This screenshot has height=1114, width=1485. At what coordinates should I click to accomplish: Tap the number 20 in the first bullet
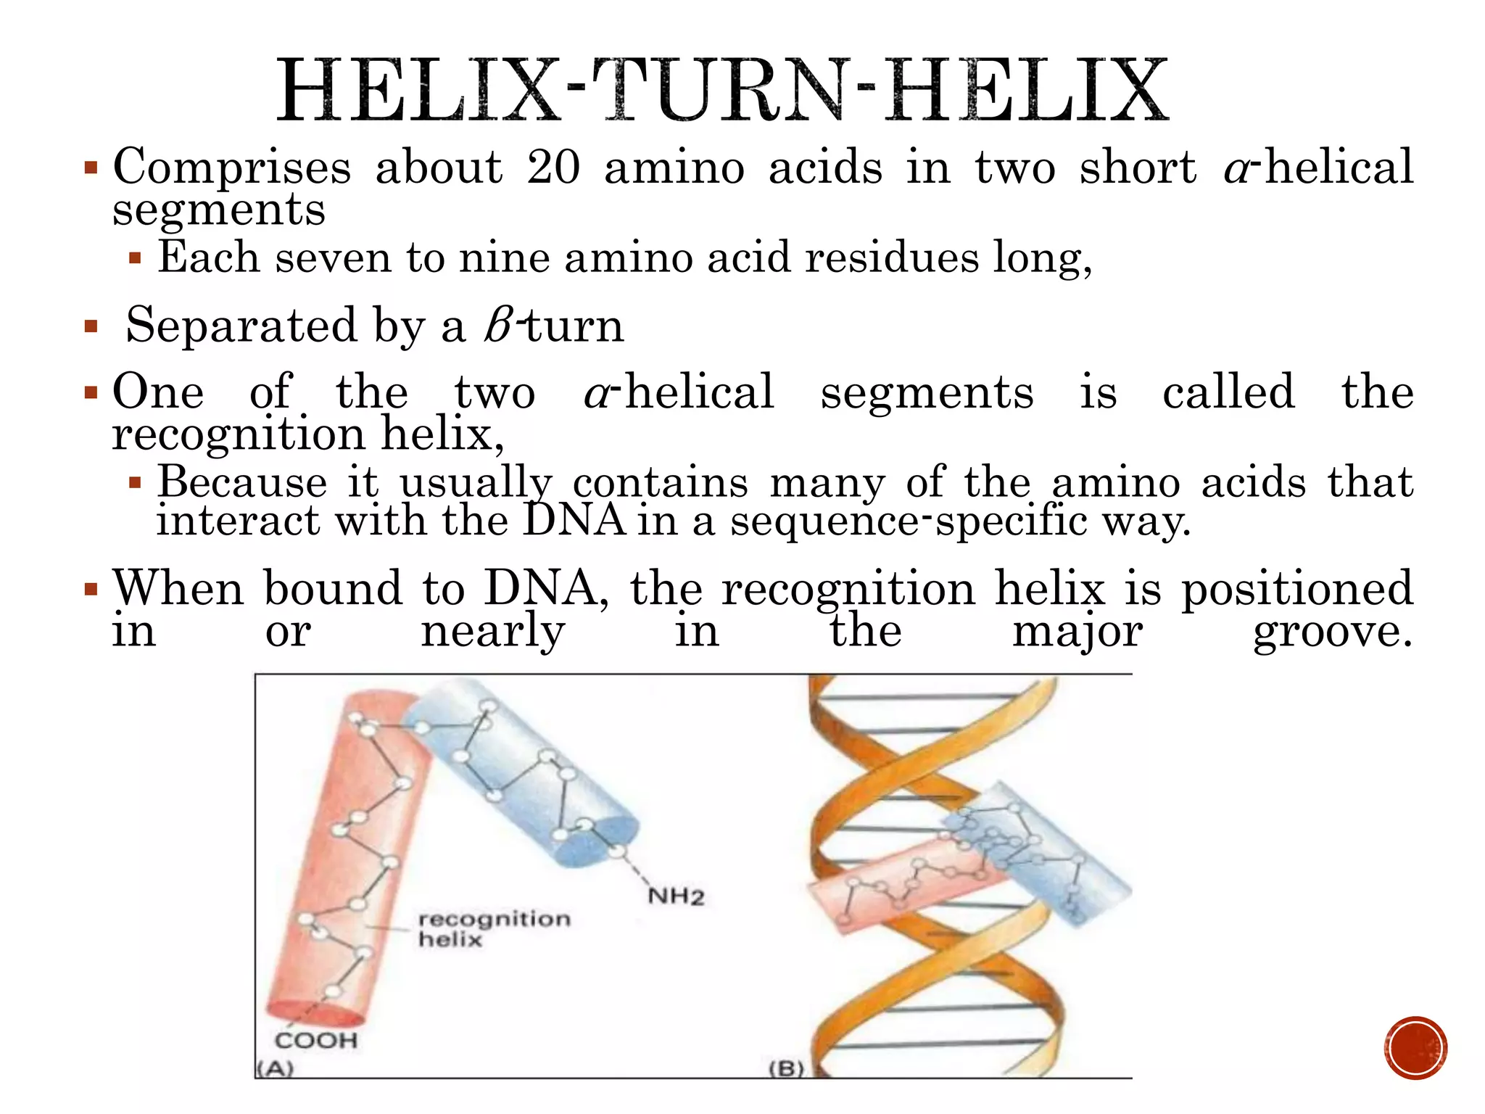point(553,167)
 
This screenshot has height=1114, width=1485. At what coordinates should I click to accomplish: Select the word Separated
point(241,325)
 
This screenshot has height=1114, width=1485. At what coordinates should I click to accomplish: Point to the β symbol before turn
point(500,325)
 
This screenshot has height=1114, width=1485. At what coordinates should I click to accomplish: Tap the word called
point(1228,392)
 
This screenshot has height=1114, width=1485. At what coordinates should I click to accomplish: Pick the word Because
point(242,482)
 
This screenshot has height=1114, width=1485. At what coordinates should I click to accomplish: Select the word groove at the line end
point(1333,631)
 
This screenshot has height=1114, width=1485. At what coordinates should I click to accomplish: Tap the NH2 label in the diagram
point(676,896)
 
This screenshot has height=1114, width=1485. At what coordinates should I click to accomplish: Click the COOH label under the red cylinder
point(316,1041)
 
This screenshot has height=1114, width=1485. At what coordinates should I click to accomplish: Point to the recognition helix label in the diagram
point(493,929)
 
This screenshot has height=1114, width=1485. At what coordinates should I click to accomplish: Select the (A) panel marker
point(275,1068)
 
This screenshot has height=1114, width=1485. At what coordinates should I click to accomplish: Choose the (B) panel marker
point(787,1068)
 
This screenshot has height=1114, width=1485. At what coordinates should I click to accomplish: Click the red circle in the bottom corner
point(1415,1048)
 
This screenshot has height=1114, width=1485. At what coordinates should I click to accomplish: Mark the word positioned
point(1297,589)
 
